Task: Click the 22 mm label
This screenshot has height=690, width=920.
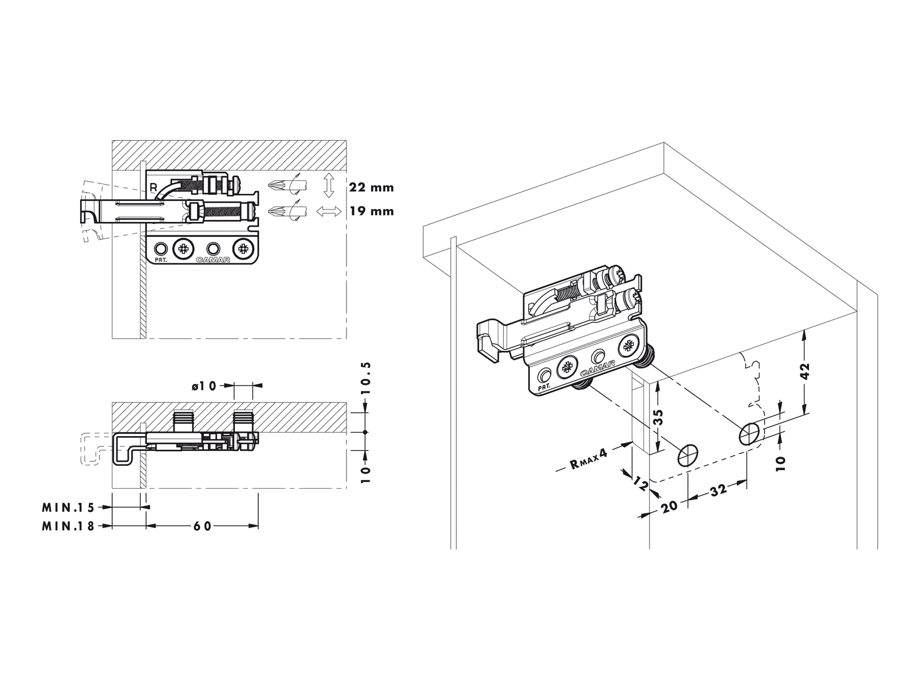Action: (x=371, y=188)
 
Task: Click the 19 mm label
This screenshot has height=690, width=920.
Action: (x=371, y=211)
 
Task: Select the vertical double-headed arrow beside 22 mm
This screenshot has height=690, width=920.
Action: (x=328, y=186)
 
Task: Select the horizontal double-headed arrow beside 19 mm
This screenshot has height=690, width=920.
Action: (x=328, y=211)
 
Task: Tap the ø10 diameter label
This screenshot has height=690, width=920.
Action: (x=203, y=386)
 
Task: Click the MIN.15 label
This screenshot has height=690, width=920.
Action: (x=68, y=508)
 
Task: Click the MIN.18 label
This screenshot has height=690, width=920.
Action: (x=68, y=525)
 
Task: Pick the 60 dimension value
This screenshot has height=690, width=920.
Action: (x=202, y=526)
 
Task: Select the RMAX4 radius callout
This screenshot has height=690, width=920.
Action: (x=588, y=461)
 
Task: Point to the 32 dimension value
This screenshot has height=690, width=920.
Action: (x=718, y=491)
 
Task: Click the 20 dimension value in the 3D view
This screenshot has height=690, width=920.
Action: (x=669, y=507)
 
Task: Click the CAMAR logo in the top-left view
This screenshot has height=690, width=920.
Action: (x=213, y=260)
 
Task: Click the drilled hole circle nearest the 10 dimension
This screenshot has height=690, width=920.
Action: (x=749, y=434)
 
